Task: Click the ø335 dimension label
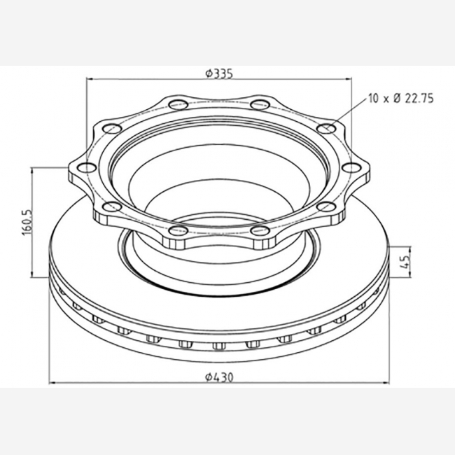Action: coord(219,73)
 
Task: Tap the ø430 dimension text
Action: coord(219,377)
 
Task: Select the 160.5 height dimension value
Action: coord(27,223)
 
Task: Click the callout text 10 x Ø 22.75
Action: coord(401,99)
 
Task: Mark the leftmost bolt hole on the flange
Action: coord(87,168)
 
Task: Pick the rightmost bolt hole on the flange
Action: coord(351,168)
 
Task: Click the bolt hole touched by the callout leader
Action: coord(326,128)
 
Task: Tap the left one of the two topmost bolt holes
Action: coord(178,104)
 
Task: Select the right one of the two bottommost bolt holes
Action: coord(260,231)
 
